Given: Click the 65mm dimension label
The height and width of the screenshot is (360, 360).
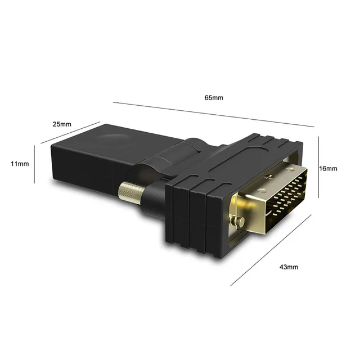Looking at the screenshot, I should (214, 97).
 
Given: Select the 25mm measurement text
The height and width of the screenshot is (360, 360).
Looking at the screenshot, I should (62, 124).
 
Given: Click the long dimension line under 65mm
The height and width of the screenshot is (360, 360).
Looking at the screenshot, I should (213, 114).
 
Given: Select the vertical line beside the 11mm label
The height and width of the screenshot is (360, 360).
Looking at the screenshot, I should (35, 164).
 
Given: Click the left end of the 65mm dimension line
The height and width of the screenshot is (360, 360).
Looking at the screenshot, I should (113, 102).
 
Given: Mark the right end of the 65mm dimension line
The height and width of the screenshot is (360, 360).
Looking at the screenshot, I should (313, 127).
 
